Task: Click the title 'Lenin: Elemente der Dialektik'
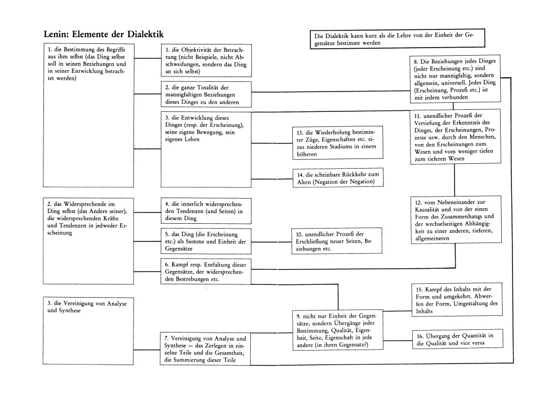[x=103, y=34]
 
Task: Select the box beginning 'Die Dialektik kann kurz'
[x=397, y=39]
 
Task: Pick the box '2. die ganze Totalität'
[x=206, y=94]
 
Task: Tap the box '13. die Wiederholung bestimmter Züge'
[x=338, y=143]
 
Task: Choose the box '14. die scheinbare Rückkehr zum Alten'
[x=338, y=178]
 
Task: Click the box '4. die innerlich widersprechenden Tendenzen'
[x=206, y=211]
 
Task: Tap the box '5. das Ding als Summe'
[x=206, y=241]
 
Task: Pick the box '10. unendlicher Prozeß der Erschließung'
[x=337, y=241]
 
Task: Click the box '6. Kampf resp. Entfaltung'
[x=206, y=271]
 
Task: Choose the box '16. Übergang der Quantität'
[x=457, y=339]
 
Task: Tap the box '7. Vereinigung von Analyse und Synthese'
[x=206, y=349]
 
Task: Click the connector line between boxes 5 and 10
[x=271, y=242]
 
